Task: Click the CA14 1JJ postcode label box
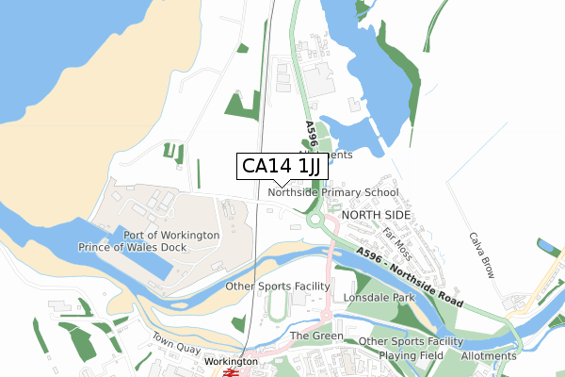point(282,166)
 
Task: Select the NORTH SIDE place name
point(377,215)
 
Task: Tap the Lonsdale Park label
point(379,296)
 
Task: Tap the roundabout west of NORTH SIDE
point(314,219)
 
